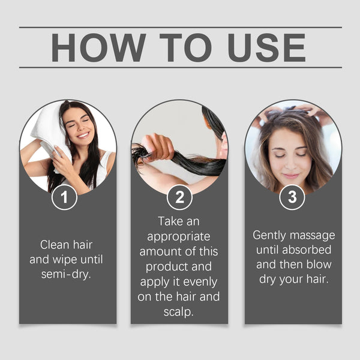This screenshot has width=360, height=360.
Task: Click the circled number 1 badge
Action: [64, 197]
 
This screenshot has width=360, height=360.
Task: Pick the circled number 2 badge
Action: [179, 197]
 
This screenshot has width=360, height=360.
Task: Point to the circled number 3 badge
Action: [292, 197]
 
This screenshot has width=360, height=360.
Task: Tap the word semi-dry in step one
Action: [67, 275]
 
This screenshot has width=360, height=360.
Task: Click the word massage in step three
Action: [314, 235]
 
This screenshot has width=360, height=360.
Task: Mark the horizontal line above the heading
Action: [180, 27]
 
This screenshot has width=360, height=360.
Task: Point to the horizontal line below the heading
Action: [180, 67]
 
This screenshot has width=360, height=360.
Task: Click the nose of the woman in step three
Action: [290, 163]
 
